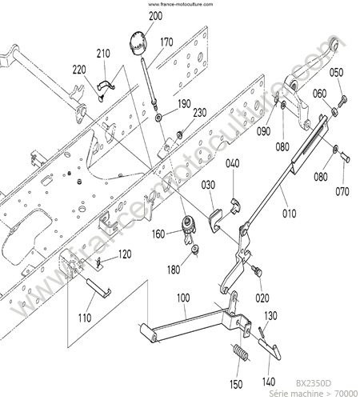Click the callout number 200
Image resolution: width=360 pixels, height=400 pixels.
pos(155,16)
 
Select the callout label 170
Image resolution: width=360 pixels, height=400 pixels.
pos(166,42)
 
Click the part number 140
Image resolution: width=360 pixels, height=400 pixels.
pos(269,382)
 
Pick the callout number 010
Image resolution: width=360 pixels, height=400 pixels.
pos(290,214)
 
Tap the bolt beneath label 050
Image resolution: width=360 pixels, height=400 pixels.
pos(343,102)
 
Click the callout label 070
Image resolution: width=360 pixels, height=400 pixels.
pos(342,191)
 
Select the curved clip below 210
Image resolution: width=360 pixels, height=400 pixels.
pos(106,85)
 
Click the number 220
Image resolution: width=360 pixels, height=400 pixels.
pos(79,70)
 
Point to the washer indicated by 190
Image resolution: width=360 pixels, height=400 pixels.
pos(159,117)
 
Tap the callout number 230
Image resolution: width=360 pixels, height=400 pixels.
pos(200,113)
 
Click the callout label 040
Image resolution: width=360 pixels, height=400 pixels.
pos(233,163)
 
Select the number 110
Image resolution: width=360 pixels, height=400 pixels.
pos(85,318)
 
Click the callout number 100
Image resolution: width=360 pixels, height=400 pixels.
pos(183,298)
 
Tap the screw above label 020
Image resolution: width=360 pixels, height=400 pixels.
pos(258,271)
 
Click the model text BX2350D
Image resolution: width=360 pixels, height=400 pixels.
pos(314,383)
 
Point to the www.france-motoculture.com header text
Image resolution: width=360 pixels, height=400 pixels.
pos(181,4)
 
